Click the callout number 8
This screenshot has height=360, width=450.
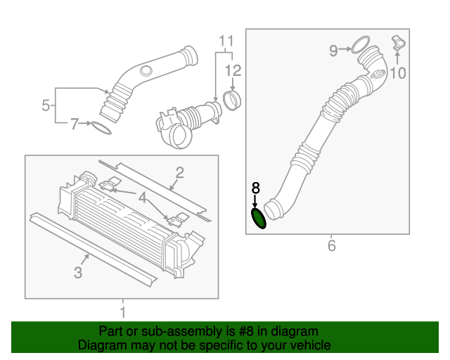pos(256,188)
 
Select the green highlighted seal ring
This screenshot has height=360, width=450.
pos(259,218)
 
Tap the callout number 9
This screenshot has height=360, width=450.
pos(334,50)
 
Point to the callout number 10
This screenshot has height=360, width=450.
pos(398,72)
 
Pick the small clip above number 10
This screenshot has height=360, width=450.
pos(398,43)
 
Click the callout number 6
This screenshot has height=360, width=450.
pos(331,245)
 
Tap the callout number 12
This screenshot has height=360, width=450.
pos(233,70)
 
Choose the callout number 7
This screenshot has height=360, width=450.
pos(75,124)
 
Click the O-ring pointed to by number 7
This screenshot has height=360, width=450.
pos(101,128)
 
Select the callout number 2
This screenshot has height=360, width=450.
pos(179,172)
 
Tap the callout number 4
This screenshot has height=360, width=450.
pos(143,199)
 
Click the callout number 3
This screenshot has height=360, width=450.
pos(79,271)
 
